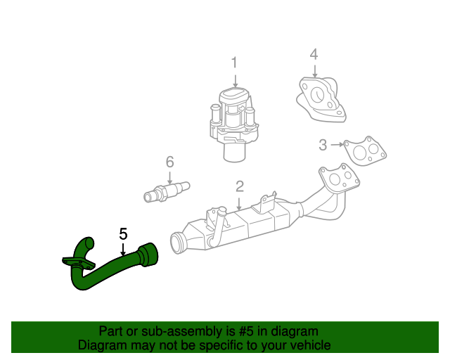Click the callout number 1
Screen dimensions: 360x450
pyautogui.click(x=235, y=63)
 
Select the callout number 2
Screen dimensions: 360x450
pyautogui.click(x=240, y=186)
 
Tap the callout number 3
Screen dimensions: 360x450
pyautogui.click(x=323, y=145)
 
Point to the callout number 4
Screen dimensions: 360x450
pyautogui.click(x=314, y=54)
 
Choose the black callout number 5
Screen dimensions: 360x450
pyautogui.click(x=123, y=233)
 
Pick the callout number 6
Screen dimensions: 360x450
pyautogui.click(x=169, y=162)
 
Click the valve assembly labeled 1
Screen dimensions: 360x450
pyautogui.click(x=234, y=120)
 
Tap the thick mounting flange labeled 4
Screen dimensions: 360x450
pyautogui.click(x=321, y=98)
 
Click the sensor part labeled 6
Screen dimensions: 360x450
pyautogui.click(x=167, y=191)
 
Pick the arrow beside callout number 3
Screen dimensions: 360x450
pyautogui.click(x=337, y=145)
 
